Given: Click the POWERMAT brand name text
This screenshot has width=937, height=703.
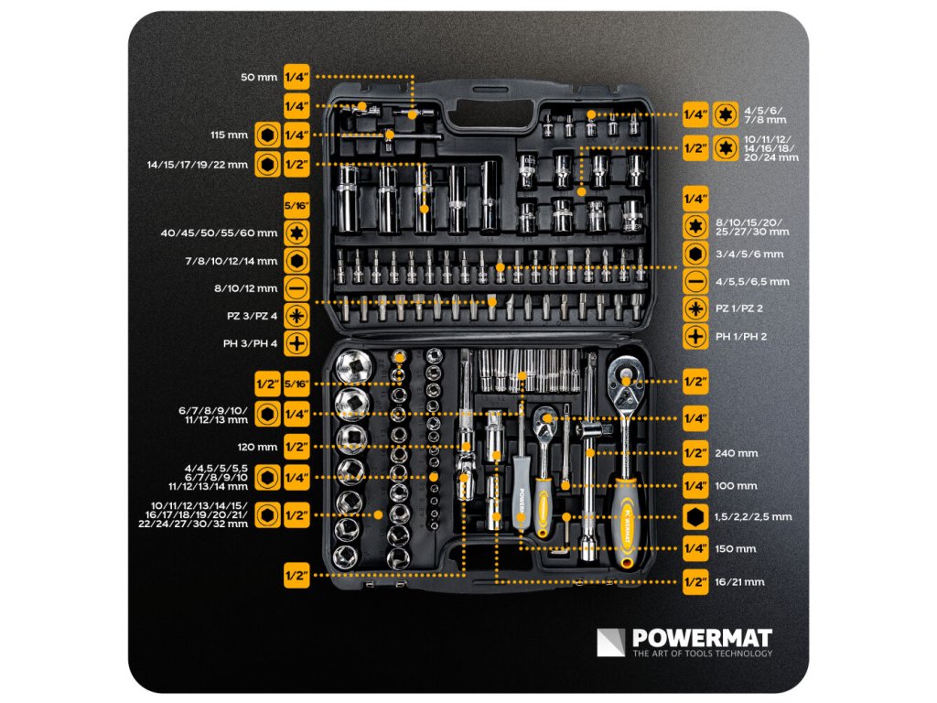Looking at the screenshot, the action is click(x=702, y=637).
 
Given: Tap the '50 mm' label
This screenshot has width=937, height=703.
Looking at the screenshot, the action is click(x=259, y=77).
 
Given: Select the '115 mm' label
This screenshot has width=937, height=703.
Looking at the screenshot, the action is click(x=229, y=135).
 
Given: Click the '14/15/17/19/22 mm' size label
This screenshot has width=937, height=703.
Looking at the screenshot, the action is click(x=198, y=165).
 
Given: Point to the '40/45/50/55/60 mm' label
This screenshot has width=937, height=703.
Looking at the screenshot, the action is click(x=219, y=233).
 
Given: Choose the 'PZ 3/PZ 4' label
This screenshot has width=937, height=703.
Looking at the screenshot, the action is click(x=252, y=316).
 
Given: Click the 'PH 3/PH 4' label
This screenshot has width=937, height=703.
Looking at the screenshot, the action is click(x=250, y=344).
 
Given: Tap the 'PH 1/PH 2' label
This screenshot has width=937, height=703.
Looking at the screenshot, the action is click(x=741, y=337).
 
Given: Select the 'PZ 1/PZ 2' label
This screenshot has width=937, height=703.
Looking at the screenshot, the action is click(x=739, y=308).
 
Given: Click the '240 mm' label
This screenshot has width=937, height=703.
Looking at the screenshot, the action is click(x=737, y=453).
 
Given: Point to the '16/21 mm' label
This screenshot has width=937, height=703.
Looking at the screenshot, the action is click(x=739, y=581).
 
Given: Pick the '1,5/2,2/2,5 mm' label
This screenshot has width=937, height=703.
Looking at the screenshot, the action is click(x=753, y=517).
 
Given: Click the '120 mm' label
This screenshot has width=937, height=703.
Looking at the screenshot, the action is click(x=257, y=447).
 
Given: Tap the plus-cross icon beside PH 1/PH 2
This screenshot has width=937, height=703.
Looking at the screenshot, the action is click(x=695, y=337).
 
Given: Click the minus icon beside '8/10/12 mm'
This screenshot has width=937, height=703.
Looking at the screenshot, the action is click(x=296, y=288).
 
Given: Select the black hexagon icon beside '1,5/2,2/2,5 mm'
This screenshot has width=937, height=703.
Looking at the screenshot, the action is click(x=695, y=517).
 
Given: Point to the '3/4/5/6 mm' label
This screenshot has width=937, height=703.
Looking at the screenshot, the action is click(x=749, y=254).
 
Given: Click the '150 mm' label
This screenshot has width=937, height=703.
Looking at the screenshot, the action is click(x=737, y=549).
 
